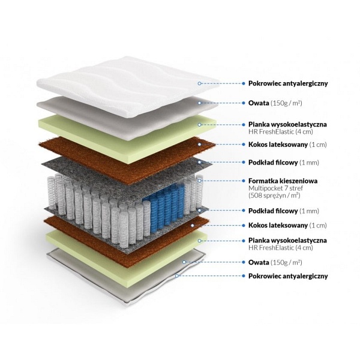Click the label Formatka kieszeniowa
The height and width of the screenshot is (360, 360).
[x=283, y=181]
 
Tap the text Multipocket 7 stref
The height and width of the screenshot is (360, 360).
[x=276, y=188]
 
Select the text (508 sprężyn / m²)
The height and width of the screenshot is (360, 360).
[x=274, y=196]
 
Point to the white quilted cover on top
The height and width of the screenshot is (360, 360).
[x=128, y=87]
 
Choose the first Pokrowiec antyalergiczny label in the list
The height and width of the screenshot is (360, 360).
[x=288, y=83]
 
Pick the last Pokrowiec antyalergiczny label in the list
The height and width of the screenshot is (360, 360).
[x=288, y=276]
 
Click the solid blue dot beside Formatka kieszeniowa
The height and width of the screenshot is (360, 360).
[x=244, y=181]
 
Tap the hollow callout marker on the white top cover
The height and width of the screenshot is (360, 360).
[x=200, y=83]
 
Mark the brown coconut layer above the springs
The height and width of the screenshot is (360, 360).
[x=127, y=161]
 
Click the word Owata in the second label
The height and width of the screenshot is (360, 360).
[x=259, y=103]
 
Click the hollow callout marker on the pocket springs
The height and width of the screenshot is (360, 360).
[x=200, y=181]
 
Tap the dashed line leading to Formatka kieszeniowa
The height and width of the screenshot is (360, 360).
[x=221, y=181]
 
